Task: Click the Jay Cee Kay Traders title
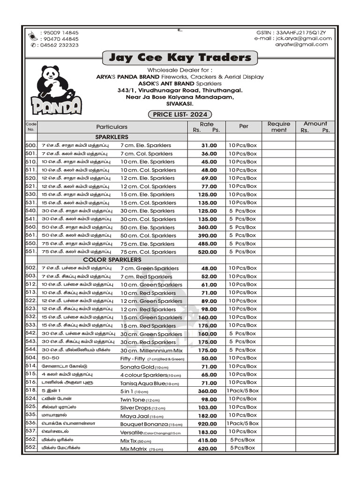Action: [180, 58]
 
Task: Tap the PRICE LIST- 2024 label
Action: [180, 114]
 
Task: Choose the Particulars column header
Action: [112, 127]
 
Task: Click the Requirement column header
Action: [278, 127]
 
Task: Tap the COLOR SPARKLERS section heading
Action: [112, 260]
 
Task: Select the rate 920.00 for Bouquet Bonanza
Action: [206, 423]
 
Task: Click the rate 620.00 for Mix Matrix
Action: [206, 448]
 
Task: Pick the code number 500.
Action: [31, 145]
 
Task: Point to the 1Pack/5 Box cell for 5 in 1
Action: [242, 390]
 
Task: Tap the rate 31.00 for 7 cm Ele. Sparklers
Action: [209, 145]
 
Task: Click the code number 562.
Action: [31, 439]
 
